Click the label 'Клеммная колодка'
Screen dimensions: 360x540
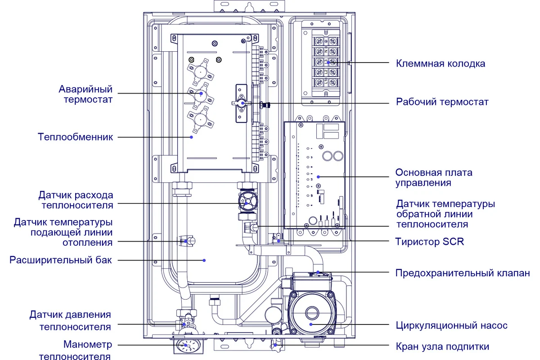[x=441, y=63]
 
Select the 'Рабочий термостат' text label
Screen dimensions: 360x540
[x=442, y=102]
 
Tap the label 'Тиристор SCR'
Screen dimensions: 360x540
[x=429, y=242]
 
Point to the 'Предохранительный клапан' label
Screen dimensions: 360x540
[x=463, y=273]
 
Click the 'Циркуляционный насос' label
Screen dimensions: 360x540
[x=451, y=325]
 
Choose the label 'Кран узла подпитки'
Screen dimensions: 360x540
[x=442, y=346]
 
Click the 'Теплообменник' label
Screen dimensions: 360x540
[x=75, y=137]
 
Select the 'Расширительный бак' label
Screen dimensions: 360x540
[x=60, y=260]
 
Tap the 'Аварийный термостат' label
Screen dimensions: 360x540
[x=85, y=94]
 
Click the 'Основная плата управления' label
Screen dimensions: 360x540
[x=434, y=178]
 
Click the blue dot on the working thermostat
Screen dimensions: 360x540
[x=243, y=103]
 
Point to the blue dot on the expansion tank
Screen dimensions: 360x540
[x=204, y=260]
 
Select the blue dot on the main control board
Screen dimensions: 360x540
[x=318, y=177]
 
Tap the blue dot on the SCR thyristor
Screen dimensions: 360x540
[x=279, y=241]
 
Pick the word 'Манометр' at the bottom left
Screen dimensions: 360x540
[x=87, y=345]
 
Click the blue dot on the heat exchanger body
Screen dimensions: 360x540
[x=192, y=137]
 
